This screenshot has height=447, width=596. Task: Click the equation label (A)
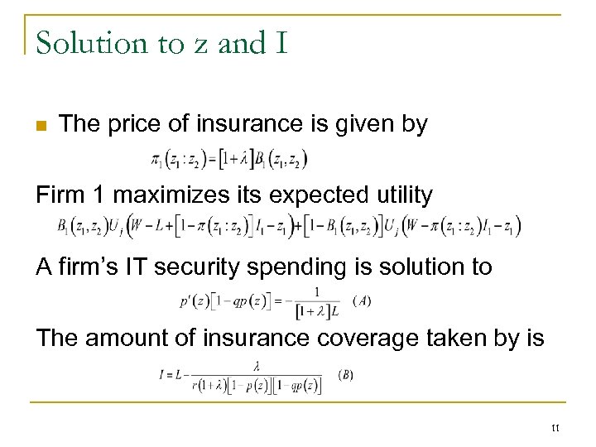(362, 301)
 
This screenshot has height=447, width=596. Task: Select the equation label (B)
(345, 374)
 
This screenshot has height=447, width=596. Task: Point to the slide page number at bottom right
(555, 428)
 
